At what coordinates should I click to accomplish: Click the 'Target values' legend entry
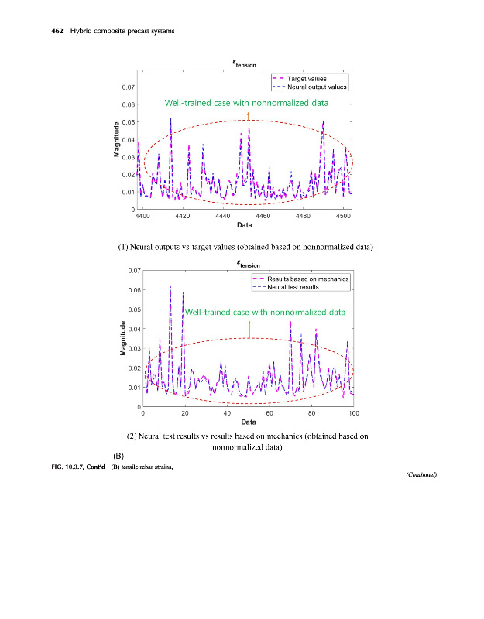307,79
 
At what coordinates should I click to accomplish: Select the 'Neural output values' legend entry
317,87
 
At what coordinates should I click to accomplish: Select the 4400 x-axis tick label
142,217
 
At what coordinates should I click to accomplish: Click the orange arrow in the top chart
248,116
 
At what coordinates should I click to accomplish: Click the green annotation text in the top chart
246,103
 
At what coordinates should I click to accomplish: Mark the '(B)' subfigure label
119,456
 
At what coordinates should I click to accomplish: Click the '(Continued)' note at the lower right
421,475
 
